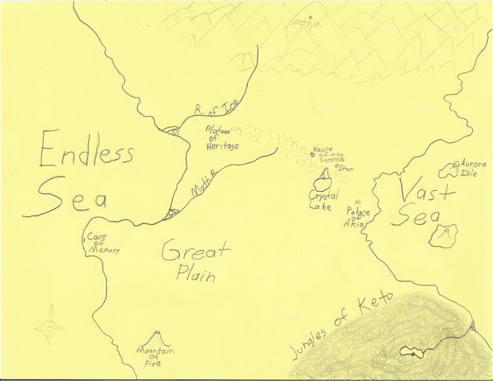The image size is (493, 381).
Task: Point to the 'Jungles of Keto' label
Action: (341, 325)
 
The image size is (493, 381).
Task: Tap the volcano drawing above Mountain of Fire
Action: (159, 337)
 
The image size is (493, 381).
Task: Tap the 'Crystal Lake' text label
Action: (323, 200)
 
